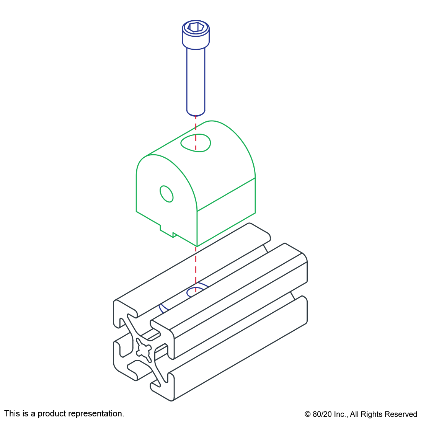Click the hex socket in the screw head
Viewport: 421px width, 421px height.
(x=196, y=27)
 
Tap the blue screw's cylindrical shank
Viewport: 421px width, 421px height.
(x=196, y=80)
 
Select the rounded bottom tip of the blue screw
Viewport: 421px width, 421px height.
(x=196, y=113)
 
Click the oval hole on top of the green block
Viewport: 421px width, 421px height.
(x=196, y=143)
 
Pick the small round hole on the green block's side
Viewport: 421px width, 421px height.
(x=166, y=194)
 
